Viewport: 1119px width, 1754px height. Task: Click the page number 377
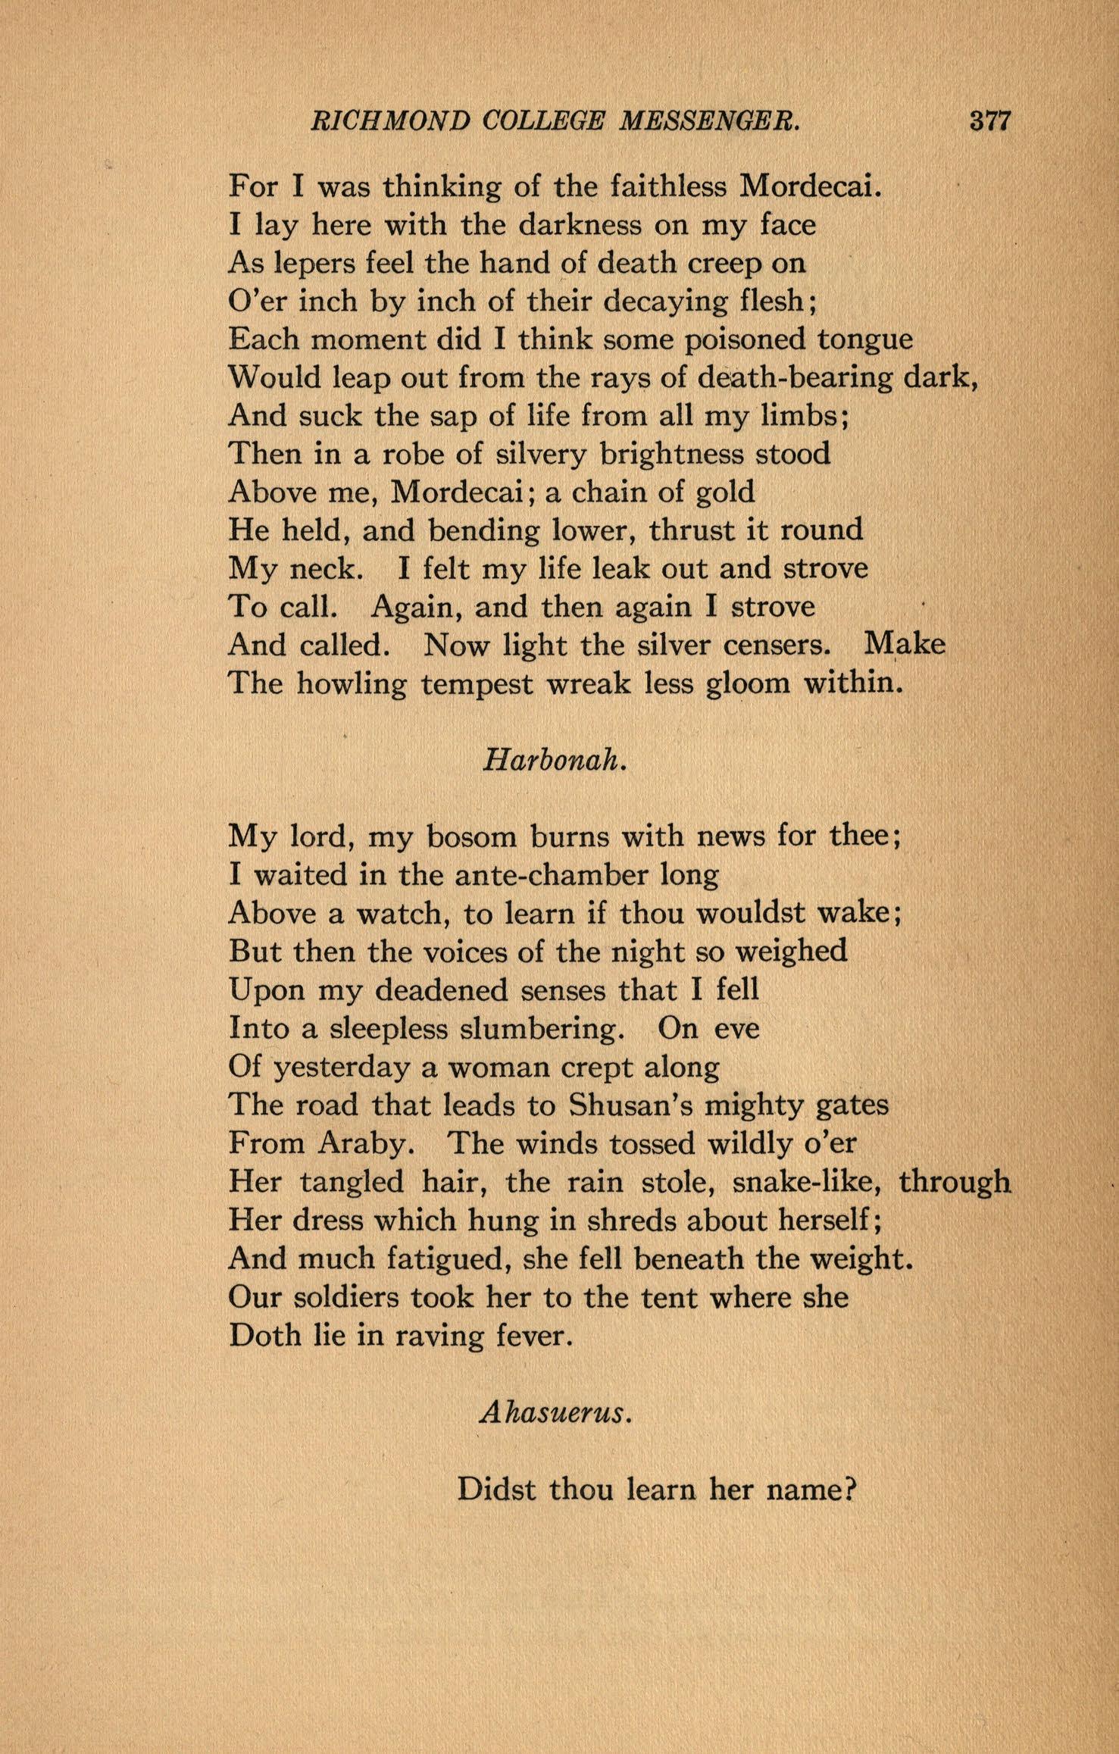[990, 121]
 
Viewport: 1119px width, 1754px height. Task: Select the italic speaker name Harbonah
[555, 761]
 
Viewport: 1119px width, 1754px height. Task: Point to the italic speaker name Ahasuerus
[555, 1414]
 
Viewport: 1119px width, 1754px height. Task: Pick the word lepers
[311, 263]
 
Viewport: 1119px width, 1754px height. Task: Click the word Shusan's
[630, 1105]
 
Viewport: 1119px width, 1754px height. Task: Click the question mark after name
[850, 1490]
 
